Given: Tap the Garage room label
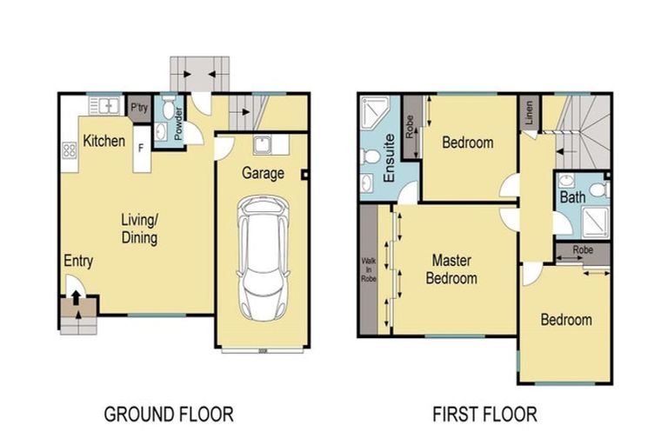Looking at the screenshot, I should click(263, 174).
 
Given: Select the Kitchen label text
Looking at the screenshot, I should click(104, 141).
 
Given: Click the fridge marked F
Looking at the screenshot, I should click(140, 149).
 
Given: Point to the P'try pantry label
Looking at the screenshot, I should click(138, 108).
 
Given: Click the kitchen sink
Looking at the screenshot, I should click(105, 107).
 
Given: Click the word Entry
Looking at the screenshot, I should click(78, 262).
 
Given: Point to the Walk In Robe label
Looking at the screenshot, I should click(367, 269).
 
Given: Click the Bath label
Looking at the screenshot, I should click(572, 197).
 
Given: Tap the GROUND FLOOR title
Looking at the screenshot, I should click(169, 414).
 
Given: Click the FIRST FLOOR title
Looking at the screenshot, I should click(484, 414).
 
